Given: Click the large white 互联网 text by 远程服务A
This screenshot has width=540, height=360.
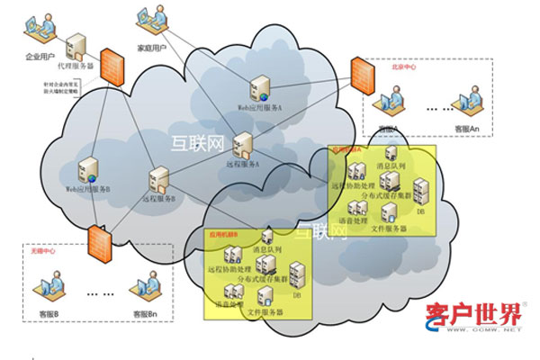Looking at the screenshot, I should [193, 140].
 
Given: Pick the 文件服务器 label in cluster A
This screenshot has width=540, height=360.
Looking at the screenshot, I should [390, 229].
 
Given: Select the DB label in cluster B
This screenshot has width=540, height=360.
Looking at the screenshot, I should [296, 295].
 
